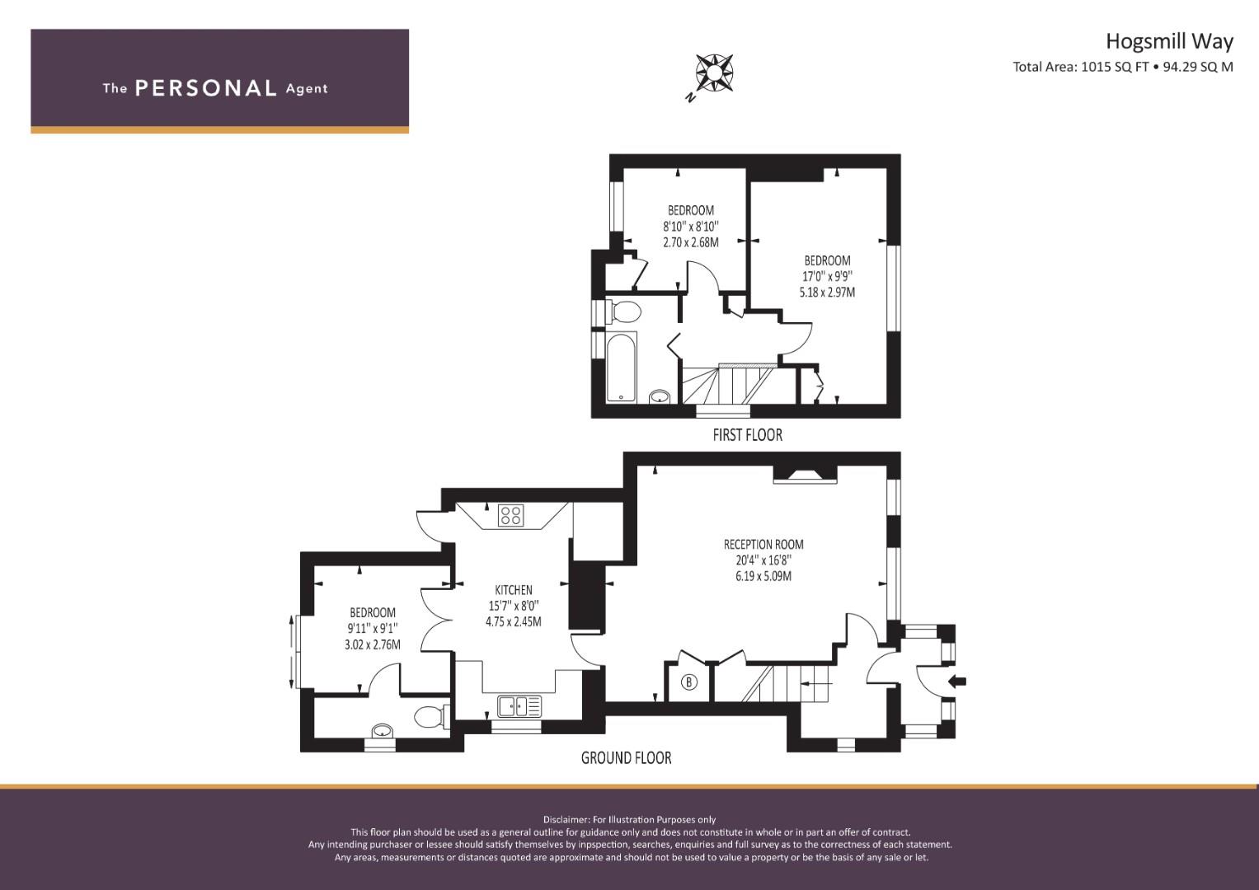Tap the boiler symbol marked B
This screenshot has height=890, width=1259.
tap(689, 682)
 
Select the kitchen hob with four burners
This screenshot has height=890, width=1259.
tap(511, 516)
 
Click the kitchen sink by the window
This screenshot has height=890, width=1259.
tap(519, 705)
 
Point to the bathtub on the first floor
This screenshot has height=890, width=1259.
tap(621, 367)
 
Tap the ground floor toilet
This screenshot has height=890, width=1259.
tap(432, 717)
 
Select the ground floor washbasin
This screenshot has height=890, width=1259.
tap(383, 731)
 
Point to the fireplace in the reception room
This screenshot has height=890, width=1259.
tap(805, 475)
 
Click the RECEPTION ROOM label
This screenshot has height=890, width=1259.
tap(763, 545)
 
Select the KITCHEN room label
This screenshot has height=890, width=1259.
tap(513, 590)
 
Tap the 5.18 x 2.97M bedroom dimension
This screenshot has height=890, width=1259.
tap(827, 293)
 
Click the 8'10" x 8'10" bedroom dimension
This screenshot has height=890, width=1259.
tap(691, 227)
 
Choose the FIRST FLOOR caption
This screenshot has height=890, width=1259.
tap(748, 435)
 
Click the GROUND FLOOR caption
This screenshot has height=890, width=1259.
tap(626, 758)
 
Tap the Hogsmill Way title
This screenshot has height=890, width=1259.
tap(1170, 41)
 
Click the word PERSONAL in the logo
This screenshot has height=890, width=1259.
tap(206, 88)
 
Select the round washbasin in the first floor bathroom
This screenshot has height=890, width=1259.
tap(660, 396)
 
